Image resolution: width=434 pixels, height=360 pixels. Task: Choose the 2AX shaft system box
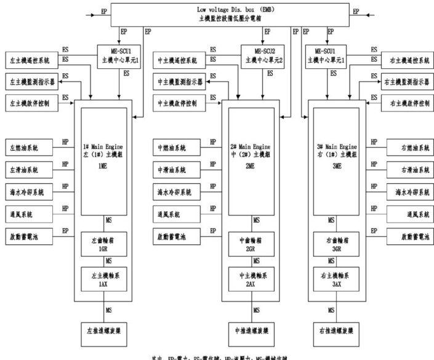pos(251,279)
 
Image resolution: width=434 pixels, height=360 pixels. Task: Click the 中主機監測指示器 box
pos(179,82)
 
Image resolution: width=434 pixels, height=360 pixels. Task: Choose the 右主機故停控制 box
pos(409,104)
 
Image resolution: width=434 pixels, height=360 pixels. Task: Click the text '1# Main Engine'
pos(103,147)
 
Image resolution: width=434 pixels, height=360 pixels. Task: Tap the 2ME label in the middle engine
pos(250,166)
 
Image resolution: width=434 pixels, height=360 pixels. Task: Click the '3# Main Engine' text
pos(336,147)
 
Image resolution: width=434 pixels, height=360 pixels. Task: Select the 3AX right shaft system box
pos(335,279)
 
